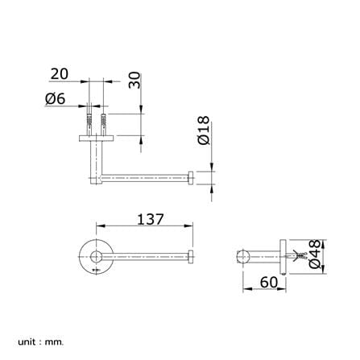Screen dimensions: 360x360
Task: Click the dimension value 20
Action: (x=60, y=74)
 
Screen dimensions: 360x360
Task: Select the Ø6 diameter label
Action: (x=56, y=99)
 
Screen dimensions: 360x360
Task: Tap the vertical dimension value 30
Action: (x=134, y=80)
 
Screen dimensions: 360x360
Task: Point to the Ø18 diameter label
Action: (x=204, y=130)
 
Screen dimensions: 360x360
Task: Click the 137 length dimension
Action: (x=151, y=219)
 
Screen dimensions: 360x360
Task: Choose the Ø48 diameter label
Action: (x=315, y=254)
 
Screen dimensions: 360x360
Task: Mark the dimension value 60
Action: (x=269, y=282)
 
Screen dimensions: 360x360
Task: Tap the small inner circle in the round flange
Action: (x=96, y=257)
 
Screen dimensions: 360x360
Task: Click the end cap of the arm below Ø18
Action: (x=191, y=178)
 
